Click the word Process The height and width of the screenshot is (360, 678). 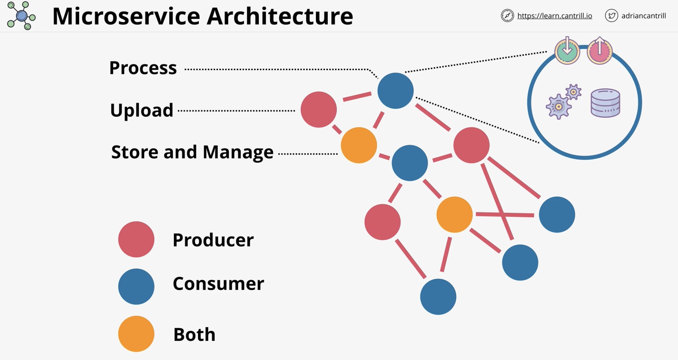click(x=143, y=68)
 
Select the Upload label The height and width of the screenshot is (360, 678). click(x=142, y=110)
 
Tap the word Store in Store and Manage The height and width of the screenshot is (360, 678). click(x=135, y=152)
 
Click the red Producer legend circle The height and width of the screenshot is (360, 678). click(x=136, y=239)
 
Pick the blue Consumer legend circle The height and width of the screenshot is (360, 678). click(x=136, y=286)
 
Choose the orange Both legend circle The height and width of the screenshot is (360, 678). click(x=136, y=334)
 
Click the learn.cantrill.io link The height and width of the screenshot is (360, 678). click(x=555, y=16)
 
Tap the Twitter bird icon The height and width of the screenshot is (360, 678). click(x=611, y=16)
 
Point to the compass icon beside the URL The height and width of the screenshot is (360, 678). click(x=507, y=16)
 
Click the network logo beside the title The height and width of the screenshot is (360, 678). click(x=21, y=16)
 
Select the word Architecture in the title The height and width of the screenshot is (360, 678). click(x=280, y=16)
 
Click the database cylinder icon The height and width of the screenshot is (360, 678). click(x=605, y=103)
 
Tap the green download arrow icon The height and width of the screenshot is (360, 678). click(x=567, y=51)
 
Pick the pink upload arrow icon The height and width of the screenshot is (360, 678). click(x=600, y=51)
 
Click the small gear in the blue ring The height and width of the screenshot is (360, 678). click(x=573, y=92)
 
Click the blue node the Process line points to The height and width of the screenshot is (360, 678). click(x=395, y=91)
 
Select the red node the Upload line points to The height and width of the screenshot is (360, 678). click(x=319, y=110)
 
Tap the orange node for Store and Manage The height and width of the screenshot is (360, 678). click(x=359, y=145)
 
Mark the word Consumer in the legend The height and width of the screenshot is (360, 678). click(x=218, y=283)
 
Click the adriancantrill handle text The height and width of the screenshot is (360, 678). click(x=643, y=16)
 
